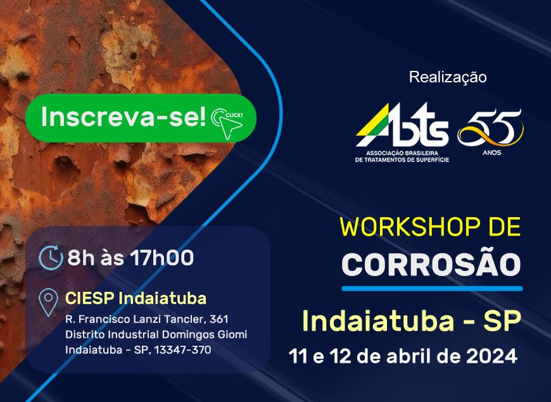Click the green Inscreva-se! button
[x=141, y=118]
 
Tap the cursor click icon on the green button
[x=227, y=123]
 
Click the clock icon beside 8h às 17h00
[x=51, y=258]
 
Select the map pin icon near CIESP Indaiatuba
[x=49, y=302]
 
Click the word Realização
[x=448, y=77]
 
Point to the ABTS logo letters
[x=402, y=125]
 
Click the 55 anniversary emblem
[x=491, y=128]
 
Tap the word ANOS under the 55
[x=491, y=153]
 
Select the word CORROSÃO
[x=431, y=264]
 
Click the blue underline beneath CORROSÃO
[x=432, y=289]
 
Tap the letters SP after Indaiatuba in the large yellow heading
[x=502, y=321]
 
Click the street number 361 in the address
[x=218, y=319]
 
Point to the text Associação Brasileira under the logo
[x=402, y=154]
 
